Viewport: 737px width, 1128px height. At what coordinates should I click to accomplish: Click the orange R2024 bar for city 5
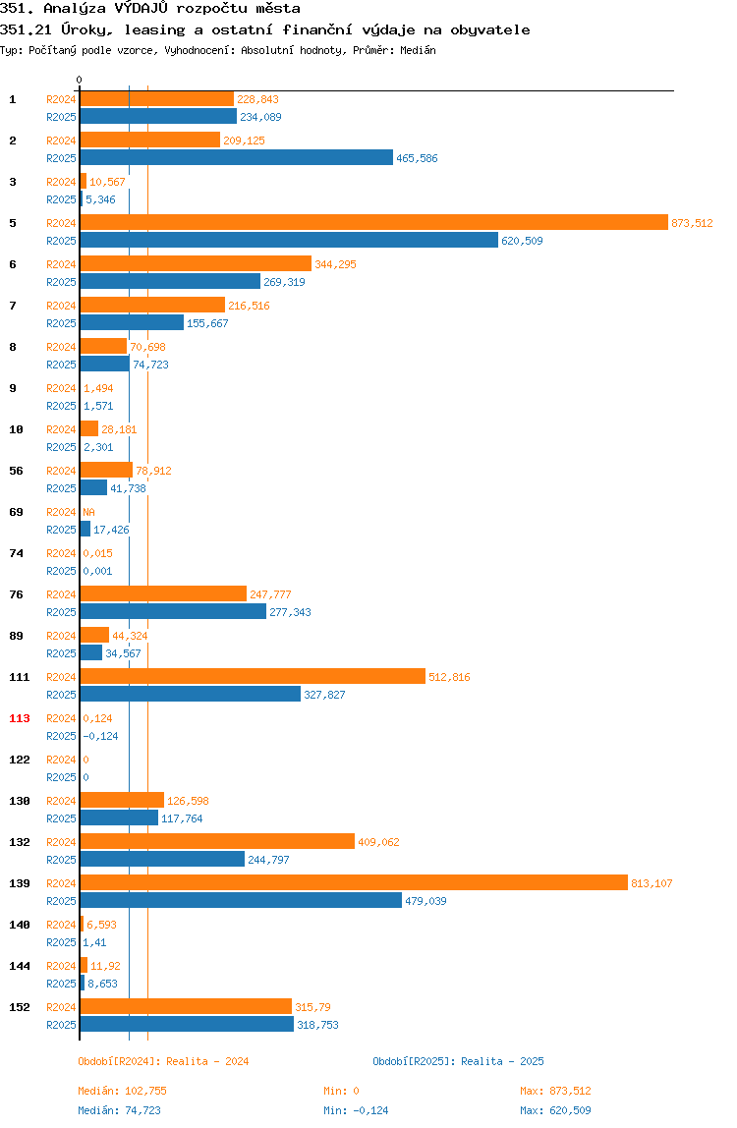pyautogui.click(x=374, y=223)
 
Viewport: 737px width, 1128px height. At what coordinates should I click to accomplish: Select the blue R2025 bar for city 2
pyautogui.click(x=237, y=157)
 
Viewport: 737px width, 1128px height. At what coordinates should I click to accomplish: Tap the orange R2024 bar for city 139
pyautogui.click(x=354, y=882)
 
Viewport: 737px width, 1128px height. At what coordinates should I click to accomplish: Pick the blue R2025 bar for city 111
pyautogui.click(x=191, y=695)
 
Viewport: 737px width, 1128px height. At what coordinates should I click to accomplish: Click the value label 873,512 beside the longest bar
pyautogui.click(x=693, y=223)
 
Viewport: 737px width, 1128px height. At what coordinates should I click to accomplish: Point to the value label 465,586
pyautogui.click(x=417, y=158)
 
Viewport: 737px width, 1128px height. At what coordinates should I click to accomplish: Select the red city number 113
pyautogui.click(x=20, y=718)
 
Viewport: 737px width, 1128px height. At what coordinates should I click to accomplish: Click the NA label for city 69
pyautogui.click(x=88, y=512)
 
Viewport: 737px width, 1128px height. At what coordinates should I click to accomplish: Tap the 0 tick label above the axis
pyautogui.click(x=80, y=80)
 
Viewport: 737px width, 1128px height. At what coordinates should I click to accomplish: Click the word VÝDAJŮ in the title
pyautogui.click(x=142, y=9)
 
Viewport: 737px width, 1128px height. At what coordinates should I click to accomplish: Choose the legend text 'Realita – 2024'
pyautogui.click(x=207, y=1061)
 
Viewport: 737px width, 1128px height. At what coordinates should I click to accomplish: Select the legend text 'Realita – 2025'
pyautogui.click(x=502, y=1061)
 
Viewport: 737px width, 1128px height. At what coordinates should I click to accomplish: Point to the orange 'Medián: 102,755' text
pyautogui.click(x=123, y=1091)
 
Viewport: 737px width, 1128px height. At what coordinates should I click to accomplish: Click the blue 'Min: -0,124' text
pyautogui.click(x=356, y=1110)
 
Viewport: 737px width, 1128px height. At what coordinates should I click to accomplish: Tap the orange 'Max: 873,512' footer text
pyautogui.click(x=555, y=1091)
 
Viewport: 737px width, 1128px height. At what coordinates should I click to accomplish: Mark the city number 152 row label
pyautogui.click(x=20, y=1007)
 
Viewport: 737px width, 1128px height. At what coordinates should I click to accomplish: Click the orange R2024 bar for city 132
pyautogui.click(x=217, y=842)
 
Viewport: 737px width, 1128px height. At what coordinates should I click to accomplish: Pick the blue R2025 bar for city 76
pyautogui.click(x=174, y=611)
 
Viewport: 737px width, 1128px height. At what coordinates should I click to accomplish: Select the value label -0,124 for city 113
pyautogui.click(x=101, y=736)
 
